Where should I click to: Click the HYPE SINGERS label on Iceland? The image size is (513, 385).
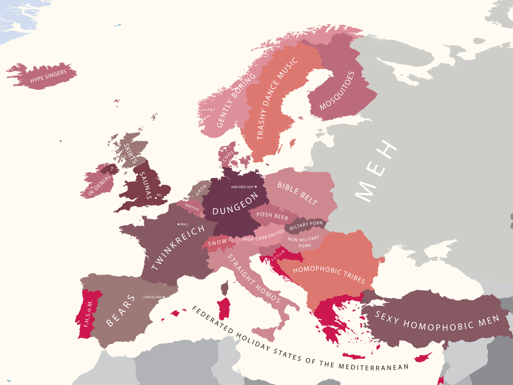point(48,76)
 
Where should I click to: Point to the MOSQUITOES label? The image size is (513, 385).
point(337,91)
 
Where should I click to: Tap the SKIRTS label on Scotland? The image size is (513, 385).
point(130,153)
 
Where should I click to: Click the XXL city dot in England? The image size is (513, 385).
point(156,198)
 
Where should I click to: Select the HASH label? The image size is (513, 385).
point(201,190)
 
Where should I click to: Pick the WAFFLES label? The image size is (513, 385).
point(192,207)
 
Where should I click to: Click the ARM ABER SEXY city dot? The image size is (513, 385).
point(256,187)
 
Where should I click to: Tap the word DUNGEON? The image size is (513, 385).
point(235,204)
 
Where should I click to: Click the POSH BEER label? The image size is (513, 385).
point(272,216)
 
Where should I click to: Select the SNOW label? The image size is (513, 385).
point(217,243)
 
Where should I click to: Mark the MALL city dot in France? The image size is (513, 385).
point(178,224)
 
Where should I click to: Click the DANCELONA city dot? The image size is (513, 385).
point(164,297)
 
